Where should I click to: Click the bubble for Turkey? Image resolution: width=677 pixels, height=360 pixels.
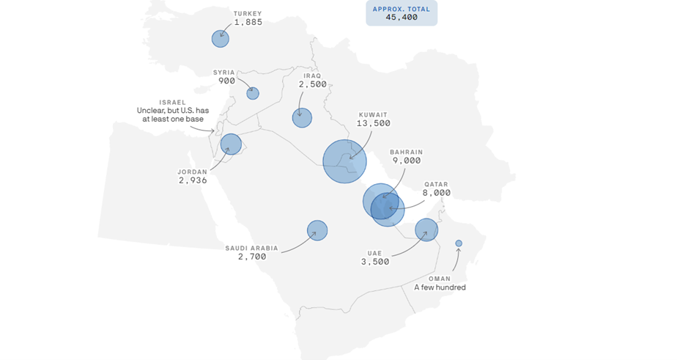(221, 39)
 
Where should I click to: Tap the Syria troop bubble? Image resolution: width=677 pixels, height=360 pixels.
(253, 93)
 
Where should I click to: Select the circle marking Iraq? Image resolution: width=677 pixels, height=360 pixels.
(302, 117)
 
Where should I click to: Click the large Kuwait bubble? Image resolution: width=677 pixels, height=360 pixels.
(344, 161)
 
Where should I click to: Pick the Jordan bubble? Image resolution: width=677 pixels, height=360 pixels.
(231, 144)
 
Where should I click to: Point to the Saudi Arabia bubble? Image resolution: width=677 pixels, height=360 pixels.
(317, 230)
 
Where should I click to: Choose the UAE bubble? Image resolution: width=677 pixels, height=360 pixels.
(426, 230)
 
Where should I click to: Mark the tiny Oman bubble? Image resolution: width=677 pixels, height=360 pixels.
(459, 243)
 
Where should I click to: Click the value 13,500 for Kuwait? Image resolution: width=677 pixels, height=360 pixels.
(373, 123)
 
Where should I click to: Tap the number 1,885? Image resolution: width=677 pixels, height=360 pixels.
(248, 22)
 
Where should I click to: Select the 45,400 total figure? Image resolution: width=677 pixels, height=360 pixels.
(401, 17)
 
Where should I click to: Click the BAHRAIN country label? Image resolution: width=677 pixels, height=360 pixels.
(406, 152)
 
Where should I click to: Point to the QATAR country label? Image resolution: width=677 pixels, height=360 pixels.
(436, 185)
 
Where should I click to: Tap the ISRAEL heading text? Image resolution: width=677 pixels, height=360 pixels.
(173, 102)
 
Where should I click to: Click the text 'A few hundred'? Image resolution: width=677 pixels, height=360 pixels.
(440, 287)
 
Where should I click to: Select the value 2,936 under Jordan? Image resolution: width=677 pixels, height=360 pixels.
(193, 180)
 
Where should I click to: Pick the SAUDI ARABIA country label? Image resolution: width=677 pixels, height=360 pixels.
(252, 248)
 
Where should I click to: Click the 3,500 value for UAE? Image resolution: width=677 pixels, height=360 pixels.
(375, 261)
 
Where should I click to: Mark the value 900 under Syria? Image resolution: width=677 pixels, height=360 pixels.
(226, 81)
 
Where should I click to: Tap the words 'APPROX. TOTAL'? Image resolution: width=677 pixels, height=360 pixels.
(402, 8)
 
